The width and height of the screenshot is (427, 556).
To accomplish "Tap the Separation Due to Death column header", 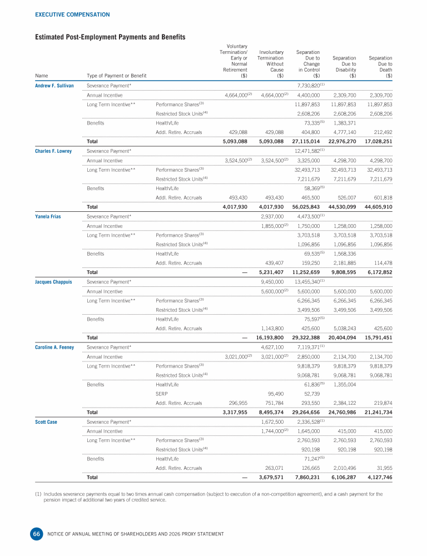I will (x=380, y=67).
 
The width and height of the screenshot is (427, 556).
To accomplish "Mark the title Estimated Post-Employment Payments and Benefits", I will (x=110, y=37).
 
